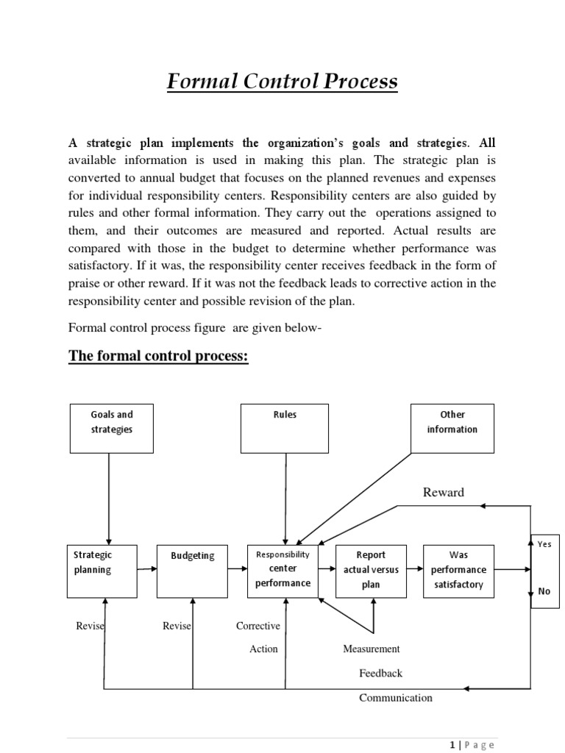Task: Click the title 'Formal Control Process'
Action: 282,82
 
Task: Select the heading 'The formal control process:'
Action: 159,357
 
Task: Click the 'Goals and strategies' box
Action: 112,428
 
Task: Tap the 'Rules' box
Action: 285,428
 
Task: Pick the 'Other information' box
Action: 452,428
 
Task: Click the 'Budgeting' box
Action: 193,571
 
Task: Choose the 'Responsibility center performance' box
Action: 283,571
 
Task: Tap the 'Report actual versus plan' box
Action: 371,571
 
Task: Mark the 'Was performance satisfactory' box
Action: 458,571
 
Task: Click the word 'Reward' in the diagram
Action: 444,493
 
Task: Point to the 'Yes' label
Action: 544,544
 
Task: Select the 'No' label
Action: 544,590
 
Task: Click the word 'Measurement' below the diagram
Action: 372,649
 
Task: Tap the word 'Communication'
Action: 396,698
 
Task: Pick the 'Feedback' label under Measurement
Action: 381,673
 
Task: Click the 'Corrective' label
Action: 258,626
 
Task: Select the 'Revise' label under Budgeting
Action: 177,626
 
